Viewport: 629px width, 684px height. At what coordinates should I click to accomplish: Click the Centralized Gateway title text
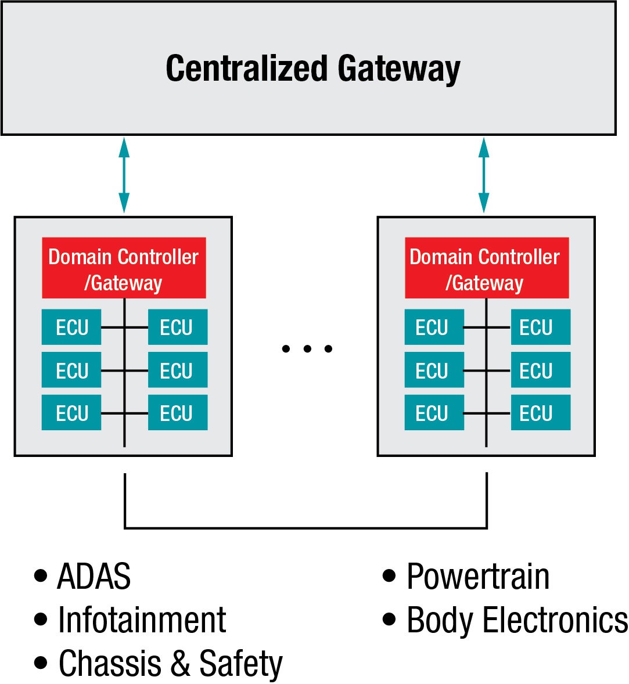click(312, 69)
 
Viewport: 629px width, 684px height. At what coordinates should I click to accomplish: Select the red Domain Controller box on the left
click(124, 268)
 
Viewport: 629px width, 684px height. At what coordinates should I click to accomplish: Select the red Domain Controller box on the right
click(486, 268)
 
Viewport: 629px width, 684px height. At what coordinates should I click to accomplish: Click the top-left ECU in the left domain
click(71, 327)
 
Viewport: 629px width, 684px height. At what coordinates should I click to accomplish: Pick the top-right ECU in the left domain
click(177, 327)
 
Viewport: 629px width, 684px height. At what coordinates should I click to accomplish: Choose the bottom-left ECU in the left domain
click(71, 413)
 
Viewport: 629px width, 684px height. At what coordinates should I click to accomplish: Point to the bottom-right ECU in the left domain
click(177, 413)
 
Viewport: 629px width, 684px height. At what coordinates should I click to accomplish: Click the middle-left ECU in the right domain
click(434, 370)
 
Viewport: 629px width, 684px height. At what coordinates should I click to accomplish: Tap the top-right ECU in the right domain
click(540, 327)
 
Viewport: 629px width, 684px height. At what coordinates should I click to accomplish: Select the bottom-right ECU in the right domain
click(540, 413)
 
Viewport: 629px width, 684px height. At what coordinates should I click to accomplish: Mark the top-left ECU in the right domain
click(434, 327)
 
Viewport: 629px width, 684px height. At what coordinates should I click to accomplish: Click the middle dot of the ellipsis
click(307, 349)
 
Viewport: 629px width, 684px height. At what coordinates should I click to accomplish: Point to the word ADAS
click(94, 577)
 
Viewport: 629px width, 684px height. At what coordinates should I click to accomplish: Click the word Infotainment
click(142, 620)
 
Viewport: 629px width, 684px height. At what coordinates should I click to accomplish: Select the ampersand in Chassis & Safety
click(181, 663)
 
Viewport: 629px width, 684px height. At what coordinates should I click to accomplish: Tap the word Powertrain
click(478, 577)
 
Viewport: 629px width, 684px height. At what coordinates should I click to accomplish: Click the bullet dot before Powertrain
click(389, 576)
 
